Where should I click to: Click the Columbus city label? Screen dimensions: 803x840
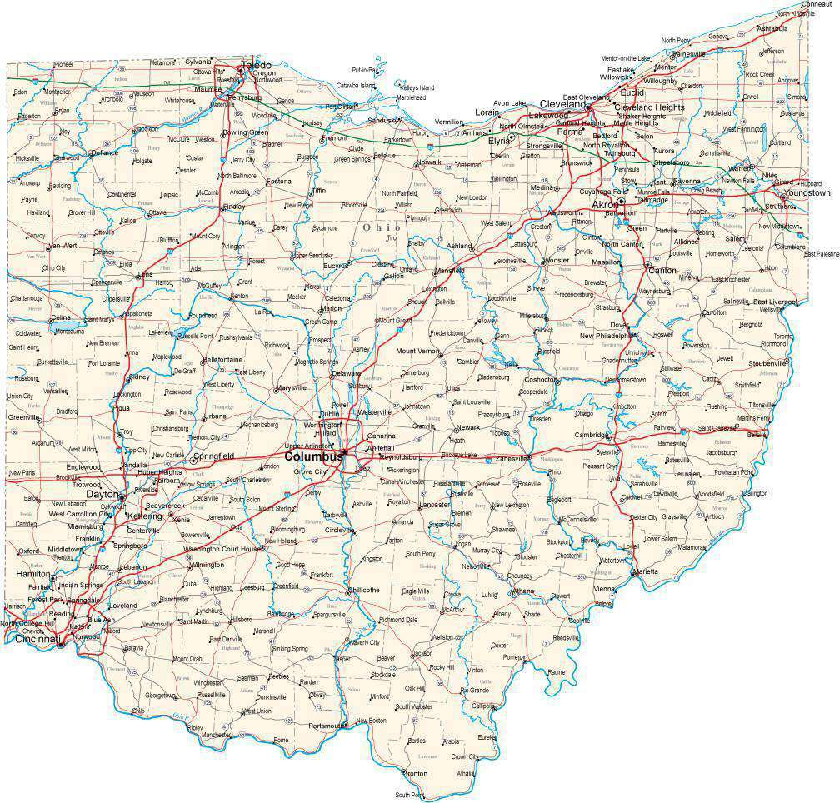[x=312, y=456]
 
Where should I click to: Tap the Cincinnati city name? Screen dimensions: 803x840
[x=32, y=640]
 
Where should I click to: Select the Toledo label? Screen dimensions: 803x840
[x=256, y=65]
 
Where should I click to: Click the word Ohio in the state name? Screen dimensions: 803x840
[x=381, y=227]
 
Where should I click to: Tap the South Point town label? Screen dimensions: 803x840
[x=410, y=795]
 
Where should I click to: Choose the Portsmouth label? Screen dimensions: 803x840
[x=326, y=726]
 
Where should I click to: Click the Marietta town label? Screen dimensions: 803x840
[x=645, y=571]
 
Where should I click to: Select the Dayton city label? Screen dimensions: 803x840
[x=102, y=494]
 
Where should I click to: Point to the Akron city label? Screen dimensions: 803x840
[x=606, y=204]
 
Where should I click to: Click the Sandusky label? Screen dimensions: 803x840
[x=382, y=120]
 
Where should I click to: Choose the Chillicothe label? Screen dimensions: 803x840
[x=363, y=590]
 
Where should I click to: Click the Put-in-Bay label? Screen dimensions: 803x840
[x=365, y=70]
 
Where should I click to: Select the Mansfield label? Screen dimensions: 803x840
[x=448, y=271]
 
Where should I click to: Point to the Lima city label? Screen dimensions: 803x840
[x=145, y=274]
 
